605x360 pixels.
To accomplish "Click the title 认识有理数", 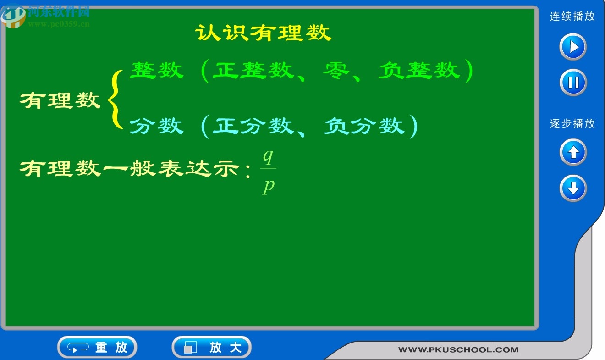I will (264, 33).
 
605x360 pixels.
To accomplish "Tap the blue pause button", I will (573, 83).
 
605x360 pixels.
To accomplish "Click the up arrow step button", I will (573, 152).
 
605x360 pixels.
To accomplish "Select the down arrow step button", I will (573, 188).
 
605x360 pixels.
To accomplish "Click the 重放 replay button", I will (97, 347).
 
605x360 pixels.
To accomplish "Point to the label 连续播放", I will (572, 17).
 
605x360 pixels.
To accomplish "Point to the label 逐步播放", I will (572, 124).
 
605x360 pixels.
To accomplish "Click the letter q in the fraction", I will (268, 157).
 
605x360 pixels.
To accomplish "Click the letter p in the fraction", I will (269, 186).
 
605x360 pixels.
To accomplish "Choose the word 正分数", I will (253, 126).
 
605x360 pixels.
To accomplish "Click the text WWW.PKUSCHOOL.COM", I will (458, 350).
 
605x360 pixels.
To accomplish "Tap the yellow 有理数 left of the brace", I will (60, 100).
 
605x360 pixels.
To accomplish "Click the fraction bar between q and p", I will (268, 169).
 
